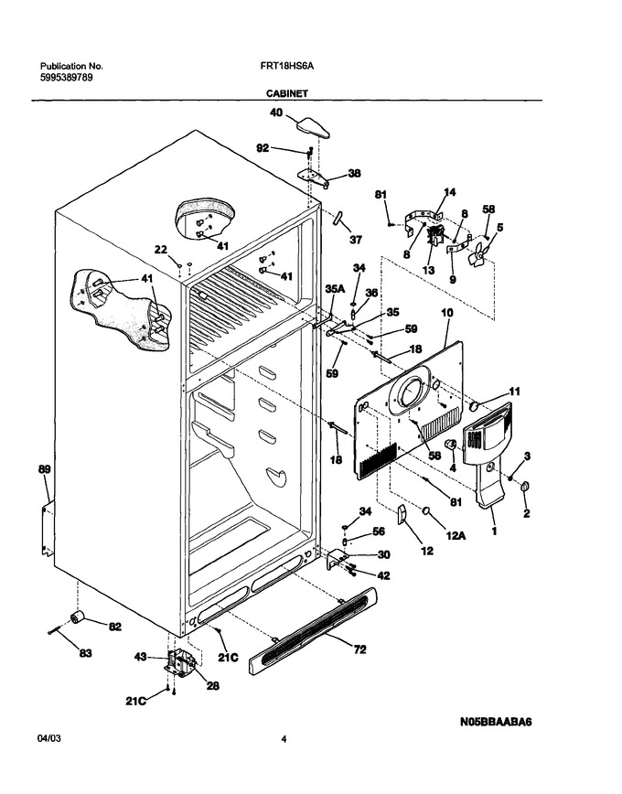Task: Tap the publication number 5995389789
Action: tap(67, 78)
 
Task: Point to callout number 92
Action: tap(263, 148)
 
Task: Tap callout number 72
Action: tap(359, 649)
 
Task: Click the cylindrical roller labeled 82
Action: tap(77, 617)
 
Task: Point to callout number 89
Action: tap(45, 469)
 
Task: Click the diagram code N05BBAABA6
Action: tap(496, 722)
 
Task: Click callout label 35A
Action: tap(335, 289)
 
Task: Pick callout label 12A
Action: tap(456, 535)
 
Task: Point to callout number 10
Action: tap(447, 313)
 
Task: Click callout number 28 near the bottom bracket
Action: tap(213, 686)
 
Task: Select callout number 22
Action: tap(161, 249)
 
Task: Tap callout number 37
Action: tap(356, 239)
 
